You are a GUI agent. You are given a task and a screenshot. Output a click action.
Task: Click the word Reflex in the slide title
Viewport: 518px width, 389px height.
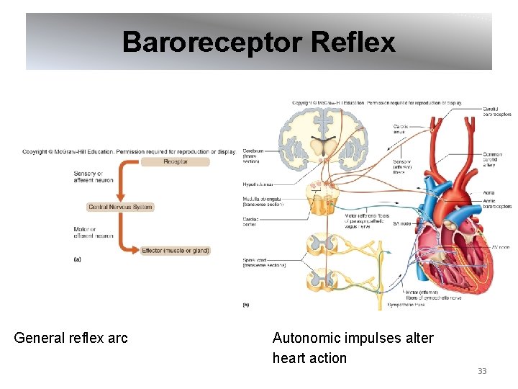point(354,42)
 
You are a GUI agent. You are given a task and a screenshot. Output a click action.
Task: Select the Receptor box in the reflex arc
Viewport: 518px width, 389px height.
point(175,162)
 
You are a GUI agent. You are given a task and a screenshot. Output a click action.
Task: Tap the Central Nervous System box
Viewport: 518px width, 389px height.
point(120,207)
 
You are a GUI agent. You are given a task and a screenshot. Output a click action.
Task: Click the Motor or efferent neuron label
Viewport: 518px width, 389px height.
point(93,233)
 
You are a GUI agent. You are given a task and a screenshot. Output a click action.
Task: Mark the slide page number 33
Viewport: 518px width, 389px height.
point(482,371)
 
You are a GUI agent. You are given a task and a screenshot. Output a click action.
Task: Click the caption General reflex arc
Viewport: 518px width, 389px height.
point(71,338)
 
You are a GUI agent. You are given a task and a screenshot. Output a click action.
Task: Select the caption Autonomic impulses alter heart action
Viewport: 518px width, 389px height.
point(353,347)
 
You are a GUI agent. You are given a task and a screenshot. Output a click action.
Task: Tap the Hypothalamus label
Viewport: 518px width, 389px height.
point(258,184)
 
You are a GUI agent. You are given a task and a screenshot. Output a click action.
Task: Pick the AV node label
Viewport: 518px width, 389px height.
point(500,247)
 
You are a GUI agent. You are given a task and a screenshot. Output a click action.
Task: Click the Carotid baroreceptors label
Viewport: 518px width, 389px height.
point(497,111)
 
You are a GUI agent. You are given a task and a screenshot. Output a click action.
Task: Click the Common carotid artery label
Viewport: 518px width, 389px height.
point(493,159)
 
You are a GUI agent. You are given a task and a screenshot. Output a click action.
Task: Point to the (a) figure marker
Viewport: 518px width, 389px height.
point(77,260)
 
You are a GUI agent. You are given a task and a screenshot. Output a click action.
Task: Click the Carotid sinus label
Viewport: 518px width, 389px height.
point(400,130)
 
